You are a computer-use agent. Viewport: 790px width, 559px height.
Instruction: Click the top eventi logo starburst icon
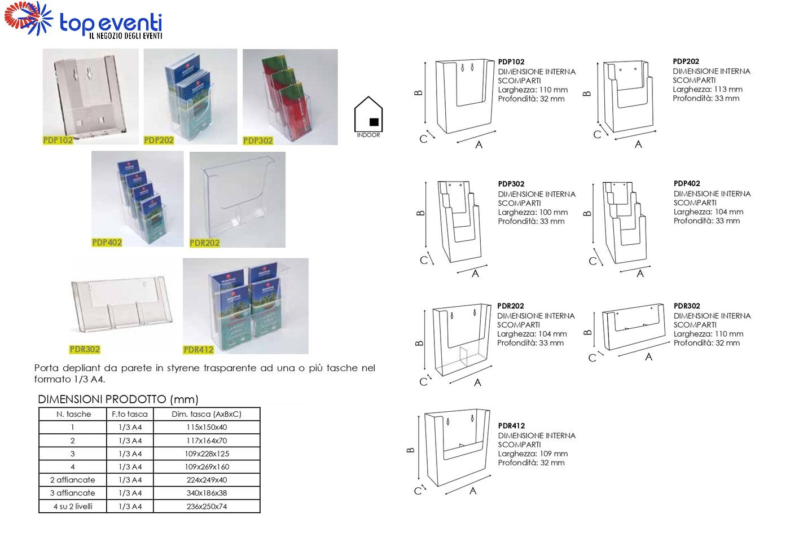28,18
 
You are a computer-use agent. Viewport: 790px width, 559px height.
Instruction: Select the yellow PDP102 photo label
58,140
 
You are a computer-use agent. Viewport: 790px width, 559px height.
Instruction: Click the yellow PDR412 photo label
198,350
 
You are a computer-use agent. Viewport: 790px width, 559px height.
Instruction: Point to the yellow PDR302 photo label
85,349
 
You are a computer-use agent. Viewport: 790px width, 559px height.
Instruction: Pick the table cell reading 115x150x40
207,428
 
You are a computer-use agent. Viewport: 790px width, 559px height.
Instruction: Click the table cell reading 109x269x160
207,467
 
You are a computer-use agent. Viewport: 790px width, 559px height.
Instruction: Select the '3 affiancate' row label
73,493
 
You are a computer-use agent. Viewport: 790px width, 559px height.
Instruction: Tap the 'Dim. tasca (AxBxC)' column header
207,414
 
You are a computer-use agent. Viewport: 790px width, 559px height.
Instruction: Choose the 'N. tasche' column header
73,414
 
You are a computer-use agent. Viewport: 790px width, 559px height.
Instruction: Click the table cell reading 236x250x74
207,507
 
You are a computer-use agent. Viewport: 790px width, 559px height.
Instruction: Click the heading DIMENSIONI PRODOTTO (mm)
118,399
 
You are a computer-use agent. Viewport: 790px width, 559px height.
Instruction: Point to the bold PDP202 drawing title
686,61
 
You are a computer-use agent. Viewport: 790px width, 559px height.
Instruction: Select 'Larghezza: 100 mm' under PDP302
533,213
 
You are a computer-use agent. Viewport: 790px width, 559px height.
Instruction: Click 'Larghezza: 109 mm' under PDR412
533,454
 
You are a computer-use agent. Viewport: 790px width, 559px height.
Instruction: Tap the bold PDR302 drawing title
687,306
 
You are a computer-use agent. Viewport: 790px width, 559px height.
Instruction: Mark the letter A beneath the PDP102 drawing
479,145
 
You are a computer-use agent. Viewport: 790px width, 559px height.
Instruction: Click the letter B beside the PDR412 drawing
411,450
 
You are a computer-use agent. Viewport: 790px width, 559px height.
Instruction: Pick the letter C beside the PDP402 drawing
592,261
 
